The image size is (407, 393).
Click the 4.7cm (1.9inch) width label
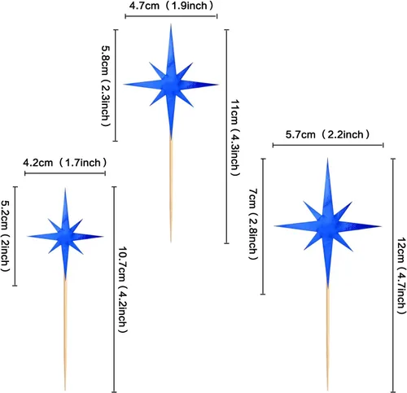(172, 6)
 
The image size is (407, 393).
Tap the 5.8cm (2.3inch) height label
(106, 86)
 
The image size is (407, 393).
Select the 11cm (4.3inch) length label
(235, 138)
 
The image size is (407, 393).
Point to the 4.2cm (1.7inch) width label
(65, 163)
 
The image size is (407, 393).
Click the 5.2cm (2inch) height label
(5, 236)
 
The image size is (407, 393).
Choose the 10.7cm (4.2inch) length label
(123, 290)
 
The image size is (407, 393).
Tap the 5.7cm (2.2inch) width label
(327, 134)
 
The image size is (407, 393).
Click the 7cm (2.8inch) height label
(253, 224)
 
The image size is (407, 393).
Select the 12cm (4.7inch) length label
(401, 276)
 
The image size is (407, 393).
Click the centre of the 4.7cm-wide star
(171, 85)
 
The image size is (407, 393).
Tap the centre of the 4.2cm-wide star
(65, 237)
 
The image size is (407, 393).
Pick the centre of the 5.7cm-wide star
(327, 226)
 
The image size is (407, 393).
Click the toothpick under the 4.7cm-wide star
(171, 190)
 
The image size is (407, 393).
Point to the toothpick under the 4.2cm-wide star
(65, 334)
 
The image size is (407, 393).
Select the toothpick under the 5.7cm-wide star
(328, 338)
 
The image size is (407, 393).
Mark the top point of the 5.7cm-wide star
(328, 158)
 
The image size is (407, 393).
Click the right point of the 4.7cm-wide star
(218, 85)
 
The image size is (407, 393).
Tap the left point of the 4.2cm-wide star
(27, 237)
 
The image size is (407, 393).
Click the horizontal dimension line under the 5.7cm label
(328, 145)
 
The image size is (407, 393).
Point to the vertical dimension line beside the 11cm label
(227, 137)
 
